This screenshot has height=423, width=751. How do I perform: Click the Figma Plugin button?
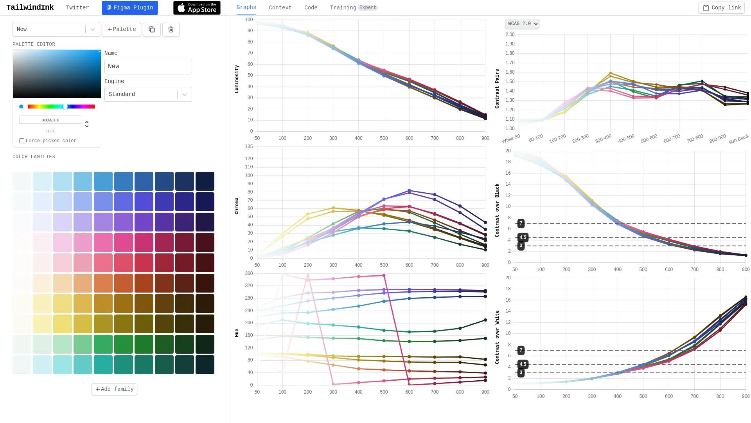pos(129,8)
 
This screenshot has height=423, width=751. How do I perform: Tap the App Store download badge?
pos(197,8)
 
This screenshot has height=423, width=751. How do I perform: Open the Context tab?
pos(280,8)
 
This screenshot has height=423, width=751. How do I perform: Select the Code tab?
pos(311,8)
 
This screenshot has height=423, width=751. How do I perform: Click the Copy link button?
pos(721,8)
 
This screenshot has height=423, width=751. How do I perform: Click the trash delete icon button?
pos(171,29)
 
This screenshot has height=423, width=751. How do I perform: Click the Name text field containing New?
pos(148,67)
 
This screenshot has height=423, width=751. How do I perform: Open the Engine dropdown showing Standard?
pos(148,94)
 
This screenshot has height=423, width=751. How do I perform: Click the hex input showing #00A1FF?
pos(50,120)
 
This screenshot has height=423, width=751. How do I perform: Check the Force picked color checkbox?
pos(22,141)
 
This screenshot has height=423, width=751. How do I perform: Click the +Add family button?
pos(114,389)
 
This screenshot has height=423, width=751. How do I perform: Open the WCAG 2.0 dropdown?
pos(522,24)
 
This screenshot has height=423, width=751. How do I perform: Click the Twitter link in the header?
pos(77,8)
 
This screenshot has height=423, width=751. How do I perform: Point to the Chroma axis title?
pos(237,206)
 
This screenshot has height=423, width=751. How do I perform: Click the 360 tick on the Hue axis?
pos(249,273)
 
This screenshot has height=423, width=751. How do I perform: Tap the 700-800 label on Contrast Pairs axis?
pos(695,139)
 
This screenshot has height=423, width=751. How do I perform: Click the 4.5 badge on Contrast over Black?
pos(523,237)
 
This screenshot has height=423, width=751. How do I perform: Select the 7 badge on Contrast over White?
pos(521,350)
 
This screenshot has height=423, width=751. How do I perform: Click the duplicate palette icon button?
pos(152,29)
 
